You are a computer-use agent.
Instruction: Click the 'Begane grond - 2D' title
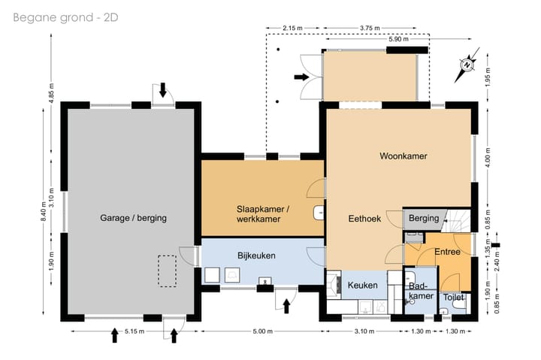(65, 17)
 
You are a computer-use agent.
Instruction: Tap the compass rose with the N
(467, 65)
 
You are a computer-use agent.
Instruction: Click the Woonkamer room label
(403, 156)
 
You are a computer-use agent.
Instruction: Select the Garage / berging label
(133, 218)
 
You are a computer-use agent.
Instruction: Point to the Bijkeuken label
(256, 256)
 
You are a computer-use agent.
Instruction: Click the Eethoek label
(364, 219)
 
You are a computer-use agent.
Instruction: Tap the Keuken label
(362, 286)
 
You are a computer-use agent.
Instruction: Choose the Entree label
(448, 252)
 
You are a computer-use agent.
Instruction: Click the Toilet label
(453, 297)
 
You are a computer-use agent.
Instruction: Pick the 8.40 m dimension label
(43, 211)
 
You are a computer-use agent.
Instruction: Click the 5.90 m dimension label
(398, 39)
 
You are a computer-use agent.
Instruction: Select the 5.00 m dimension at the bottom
(262, 331)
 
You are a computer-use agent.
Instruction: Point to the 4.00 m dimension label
(488, 158)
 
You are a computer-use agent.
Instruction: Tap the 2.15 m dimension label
(292, 29)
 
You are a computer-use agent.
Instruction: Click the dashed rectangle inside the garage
(168, 271)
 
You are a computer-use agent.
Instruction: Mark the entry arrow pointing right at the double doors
(301, 77)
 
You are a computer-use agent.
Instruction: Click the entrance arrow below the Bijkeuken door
(286, 306)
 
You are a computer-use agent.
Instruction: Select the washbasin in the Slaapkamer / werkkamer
(319, 213)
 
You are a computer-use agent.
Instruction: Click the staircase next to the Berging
(457, 220)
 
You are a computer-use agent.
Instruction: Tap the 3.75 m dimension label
(370, 29)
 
